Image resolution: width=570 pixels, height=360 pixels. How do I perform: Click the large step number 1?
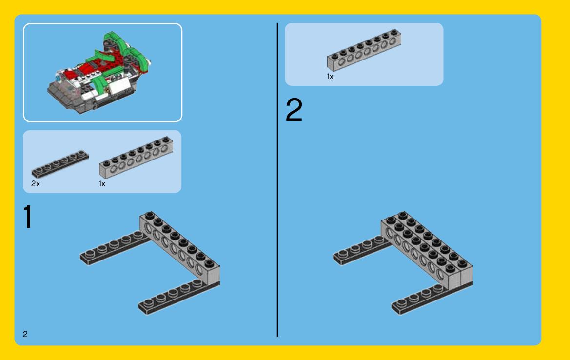[x=28, y=217]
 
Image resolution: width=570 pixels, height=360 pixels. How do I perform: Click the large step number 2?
[x=294, y=110]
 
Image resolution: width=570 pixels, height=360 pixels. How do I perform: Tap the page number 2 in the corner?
[x=25, y=334]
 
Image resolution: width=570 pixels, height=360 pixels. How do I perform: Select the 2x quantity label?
[x=35, y=183]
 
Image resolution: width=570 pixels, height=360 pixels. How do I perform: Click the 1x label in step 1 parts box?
[x=102, y=183]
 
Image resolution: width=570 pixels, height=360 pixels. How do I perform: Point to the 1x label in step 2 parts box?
[x=330, y=77]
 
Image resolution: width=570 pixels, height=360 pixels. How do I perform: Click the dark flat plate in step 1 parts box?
[x=60, y=164]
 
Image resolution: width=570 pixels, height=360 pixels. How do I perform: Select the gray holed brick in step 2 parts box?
[x=364, y=50]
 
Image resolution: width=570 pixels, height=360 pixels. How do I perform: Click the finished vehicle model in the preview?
[x=99, y=73]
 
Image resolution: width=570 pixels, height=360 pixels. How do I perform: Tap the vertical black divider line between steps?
[x=277, y=180]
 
